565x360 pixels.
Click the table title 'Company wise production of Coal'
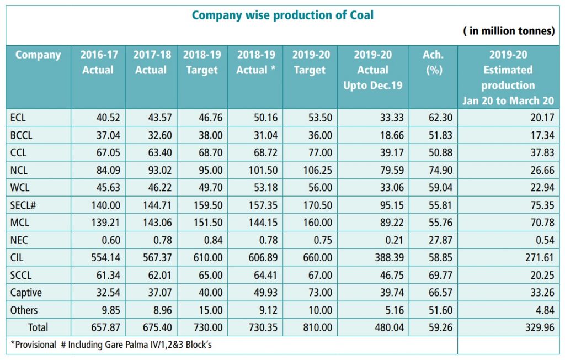282,15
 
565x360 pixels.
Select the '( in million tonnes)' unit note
509,31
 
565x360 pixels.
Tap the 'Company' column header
38,55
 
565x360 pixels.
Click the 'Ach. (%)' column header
433,62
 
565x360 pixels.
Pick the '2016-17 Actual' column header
98,62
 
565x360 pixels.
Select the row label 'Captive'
26,293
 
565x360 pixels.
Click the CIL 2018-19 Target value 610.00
209,258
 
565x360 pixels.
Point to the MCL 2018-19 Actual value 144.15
262,224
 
